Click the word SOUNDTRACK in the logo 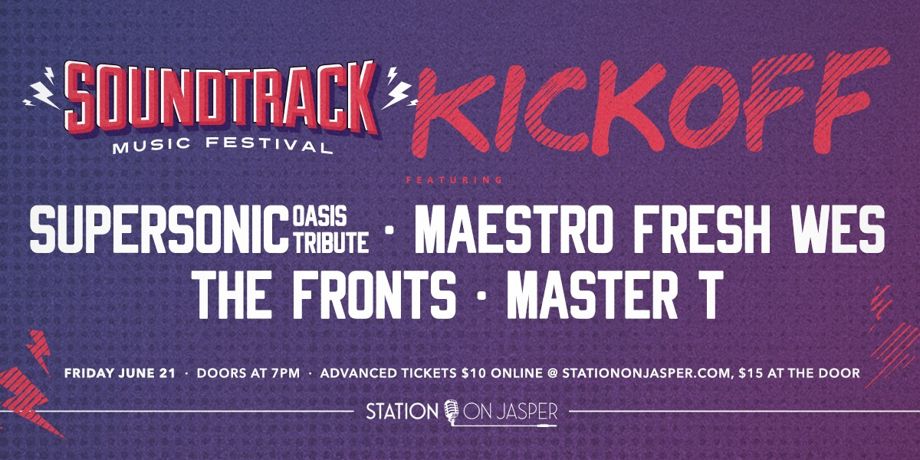click(222, 100)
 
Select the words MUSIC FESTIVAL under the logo click(222, 145)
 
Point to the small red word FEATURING click(454, 180)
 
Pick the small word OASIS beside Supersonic click(320, 216)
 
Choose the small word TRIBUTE click(330, 242)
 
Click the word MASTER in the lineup click(591, 295)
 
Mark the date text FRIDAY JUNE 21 click(120, 373)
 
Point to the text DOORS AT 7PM click(248, 373)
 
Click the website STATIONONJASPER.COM click(647, 373)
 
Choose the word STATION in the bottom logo click(402, 411)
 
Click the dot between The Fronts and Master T click(481, 296)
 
